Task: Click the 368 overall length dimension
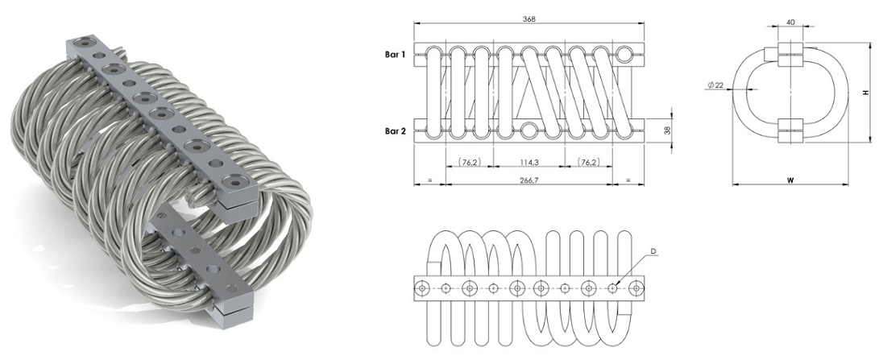[x=529, y=19]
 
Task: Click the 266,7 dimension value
[x=529, y=180]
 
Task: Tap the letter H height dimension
[x=865, y=93]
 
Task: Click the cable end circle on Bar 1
[x=625, y=54]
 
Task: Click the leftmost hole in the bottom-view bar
[x=421, y=287]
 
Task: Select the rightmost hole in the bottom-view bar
[x=636, y=287]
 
